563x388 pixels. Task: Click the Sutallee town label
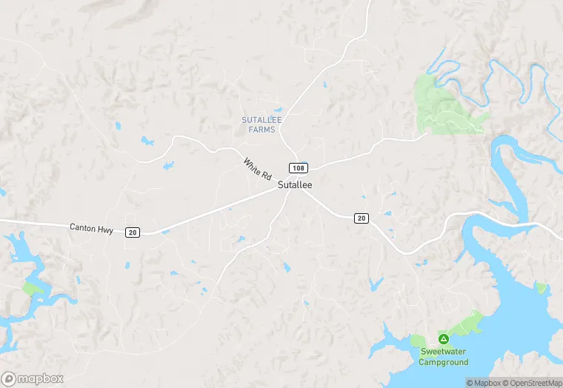tap(295, 186)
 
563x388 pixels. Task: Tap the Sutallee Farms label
tap(259, 124)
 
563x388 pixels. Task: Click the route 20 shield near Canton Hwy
tap(132, 232)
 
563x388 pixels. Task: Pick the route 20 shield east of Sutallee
tap(362, 217)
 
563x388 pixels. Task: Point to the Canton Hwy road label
tap(91, 230)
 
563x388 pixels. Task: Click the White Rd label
tap(257, 169)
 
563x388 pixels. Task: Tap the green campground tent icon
tap(444, 338)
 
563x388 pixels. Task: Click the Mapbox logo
tap(33, 378)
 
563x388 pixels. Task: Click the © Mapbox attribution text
tap(484, 383)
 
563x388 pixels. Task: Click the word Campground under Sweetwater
tap(444, 362)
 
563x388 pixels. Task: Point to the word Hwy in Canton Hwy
tap(106, 230)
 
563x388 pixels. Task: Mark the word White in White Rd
tap(252, 166)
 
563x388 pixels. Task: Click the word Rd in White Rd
tap(265, 175)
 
